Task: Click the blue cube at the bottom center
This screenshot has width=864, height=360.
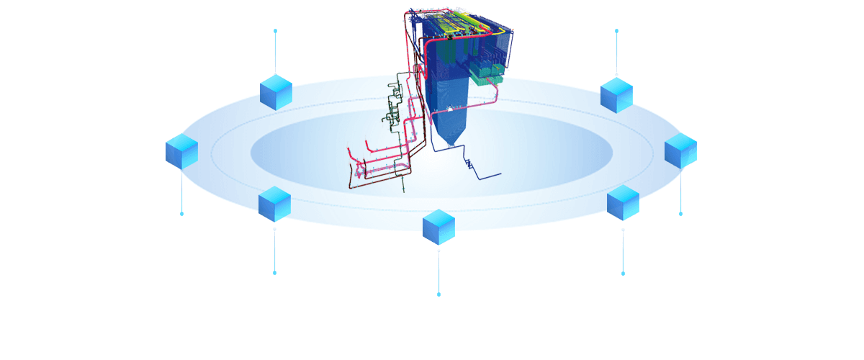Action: click(438, 227)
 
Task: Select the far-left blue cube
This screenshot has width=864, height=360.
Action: click(181, 152)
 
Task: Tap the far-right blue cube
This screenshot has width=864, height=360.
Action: click(680, 151)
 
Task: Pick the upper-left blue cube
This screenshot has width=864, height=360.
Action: click(276, 91)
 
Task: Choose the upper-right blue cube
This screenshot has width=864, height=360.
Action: click(616, 95)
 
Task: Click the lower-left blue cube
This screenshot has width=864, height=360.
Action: click(274, 203)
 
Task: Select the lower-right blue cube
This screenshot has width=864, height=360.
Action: click(623, 202)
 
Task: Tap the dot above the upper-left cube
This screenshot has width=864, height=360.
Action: click(275, 31)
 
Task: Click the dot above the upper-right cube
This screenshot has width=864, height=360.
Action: click(616, 31)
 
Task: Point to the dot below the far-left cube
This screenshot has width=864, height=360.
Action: click(181, 214)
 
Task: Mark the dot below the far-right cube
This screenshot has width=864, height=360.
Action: click(680, 213)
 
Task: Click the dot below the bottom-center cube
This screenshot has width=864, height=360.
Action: click(438, 294)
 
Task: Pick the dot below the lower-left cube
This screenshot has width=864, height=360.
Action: click(274, 273)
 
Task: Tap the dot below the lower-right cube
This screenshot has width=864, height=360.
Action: click(623, 274)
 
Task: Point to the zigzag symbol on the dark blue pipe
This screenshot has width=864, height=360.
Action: click(469, 165)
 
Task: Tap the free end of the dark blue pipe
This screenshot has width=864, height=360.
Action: click(500, 176)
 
